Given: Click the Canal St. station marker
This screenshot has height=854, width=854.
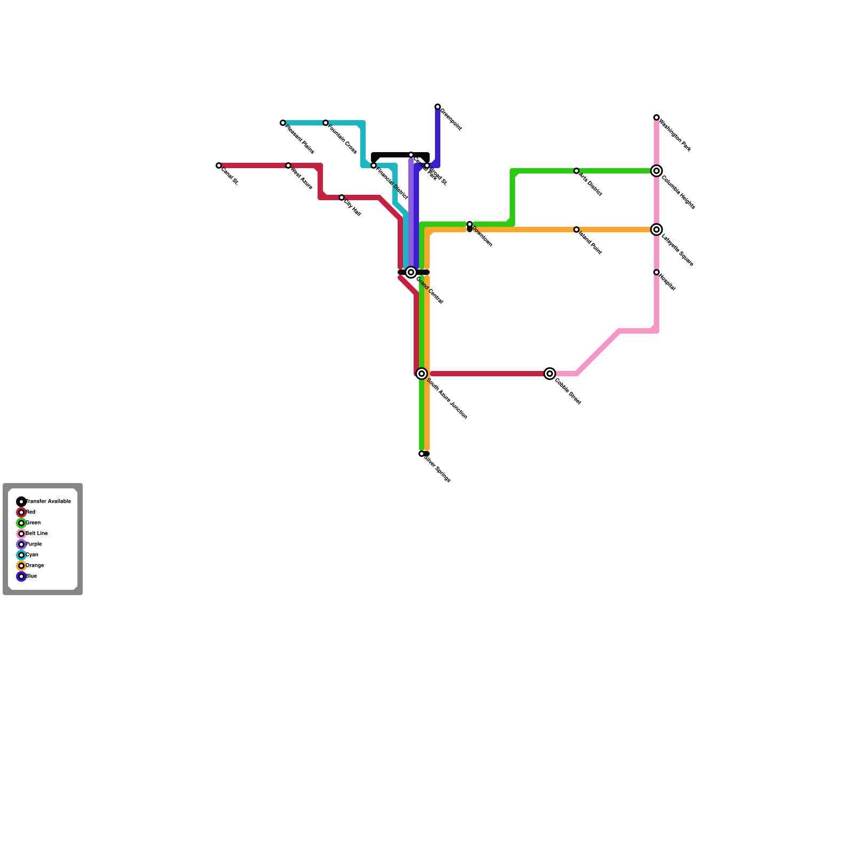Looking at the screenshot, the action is (x=219, y=166).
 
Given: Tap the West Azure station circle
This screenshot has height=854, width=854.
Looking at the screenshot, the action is (x=288, y=166).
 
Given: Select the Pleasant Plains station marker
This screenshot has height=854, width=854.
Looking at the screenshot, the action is (x=283, y=123).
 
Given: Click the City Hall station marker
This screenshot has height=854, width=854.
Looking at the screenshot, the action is (x=342, y=198).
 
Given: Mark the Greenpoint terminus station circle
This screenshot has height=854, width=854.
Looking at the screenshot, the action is (x=438, y=107).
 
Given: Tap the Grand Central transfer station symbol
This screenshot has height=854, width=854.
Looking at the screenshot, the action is (x=411, y=273).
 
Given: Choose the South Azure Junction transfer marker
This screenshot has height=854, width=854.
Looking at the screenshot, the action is (x=422, y=374).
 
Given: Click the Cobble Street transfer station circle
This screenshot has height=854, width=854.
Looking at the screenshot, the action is (x=550, y=374).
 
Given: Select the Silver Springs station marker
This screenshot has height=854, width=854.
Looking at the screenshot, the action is (x=422, y=454).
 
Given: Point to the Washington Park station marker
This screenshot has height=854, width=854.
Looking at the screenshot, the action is (x=657, y=117).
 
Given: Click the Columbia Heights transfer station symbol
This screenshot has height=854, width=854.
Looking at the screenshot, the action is (x=657, y=171).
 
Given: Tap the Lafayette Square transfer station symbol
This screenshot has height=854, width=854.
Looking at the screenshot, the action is (x=657, y=230).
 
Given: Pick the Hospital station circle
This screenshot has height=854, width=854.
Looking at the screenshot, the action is (x=657, y=273).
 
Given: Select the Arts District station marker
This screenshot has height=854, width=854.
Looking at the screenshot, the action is (x=576, y=171).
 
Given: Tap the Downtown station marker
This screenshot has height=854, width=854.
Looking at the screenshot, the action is (x=470, y=225).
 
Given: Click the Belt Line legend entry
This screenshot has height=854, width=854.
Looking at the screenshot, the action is (x=36, y=534).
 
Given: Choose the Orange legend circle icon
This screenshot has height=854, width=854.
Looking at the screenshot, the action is (x=21, y=566).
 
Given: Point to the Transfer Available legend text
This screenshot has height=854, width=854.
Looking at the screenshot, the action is (x=48, y=502).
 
